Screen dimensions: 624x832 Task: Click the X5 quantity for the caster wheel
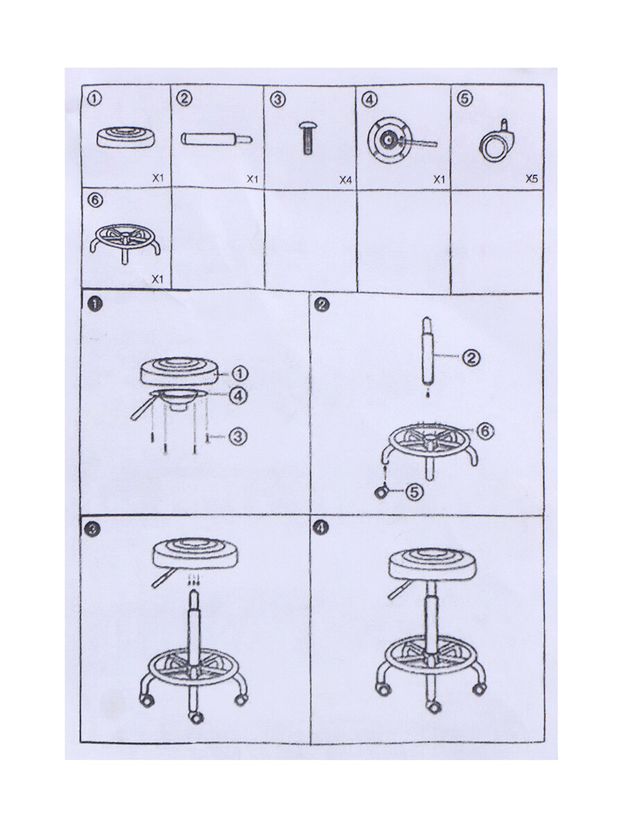[x=531, y=178]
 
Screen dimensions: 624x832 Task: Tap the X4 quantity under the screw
[x=345, y=180]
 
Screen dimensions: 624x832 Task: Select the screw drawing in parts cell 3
[x=308, y=137]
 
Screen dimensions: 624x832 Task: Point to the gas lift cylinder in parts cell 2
[x=217, y=139]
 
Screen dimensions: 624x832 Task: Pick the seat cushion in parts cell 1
[x=125, y=137]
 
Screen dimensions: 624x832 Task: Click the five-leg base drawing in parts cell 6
[x=125, y=243]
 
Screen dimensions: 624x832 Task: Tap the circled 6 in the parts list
[x=95, y=200]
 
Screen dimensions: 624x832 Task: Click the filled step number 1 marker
[x=95, y=304]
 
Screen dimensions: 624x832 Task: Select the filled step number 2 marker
[x=322, y=305]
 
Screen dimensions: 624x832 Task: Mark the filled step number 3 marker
[x=92, y=530]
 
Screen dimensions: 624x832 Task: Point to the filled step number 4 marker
[x=321, y=528]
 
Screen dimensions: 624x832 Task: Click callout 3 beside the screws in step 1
[x=238, y=436]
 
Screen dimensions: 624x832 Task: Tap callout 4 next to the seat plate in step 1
[x=239, y=396]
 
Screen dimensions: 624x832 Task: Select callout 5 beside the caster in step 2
[x=415, y=492]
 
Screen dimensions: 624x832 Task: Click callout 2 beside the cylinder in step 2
[x=471, y=358]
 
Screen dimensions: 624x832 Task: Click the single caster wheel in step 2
[x=381, y=492]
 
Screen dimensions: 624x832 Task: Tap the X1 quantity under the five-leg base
[x=157, y=279]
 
